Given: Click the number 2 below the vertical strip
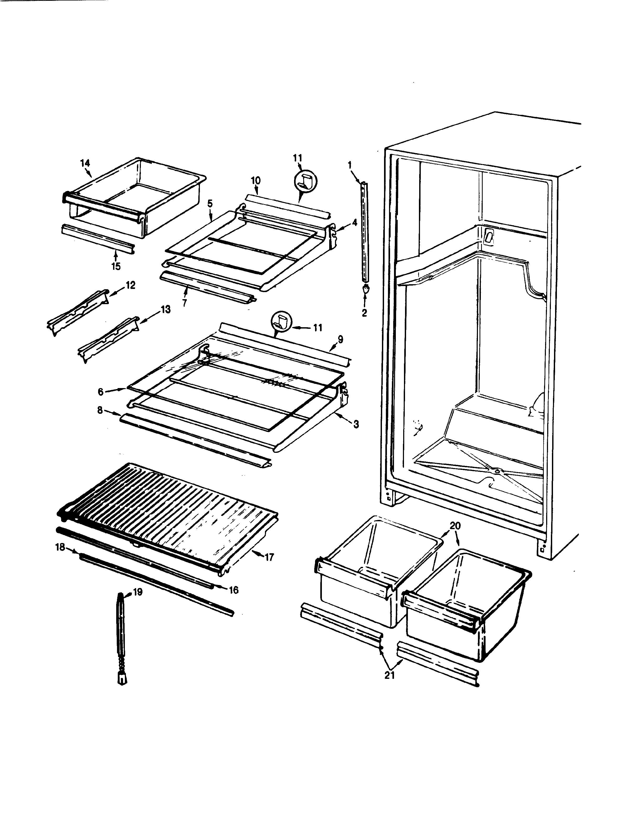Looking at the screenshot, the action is pyautogui.click(x=364, y=313).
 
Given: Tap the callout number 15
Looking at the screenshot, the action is pyautogui.click(x=116, y=267).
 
